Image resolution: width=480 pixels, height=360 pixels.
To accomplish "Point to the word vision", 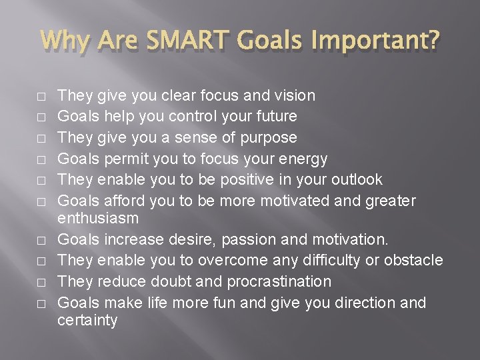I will click(294, 95).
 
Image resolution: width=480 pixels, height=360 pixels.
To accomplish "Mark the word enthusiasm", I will click(98, 218).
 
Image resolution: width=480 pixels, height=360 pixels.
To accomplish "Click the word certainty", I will click(87, 321).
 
